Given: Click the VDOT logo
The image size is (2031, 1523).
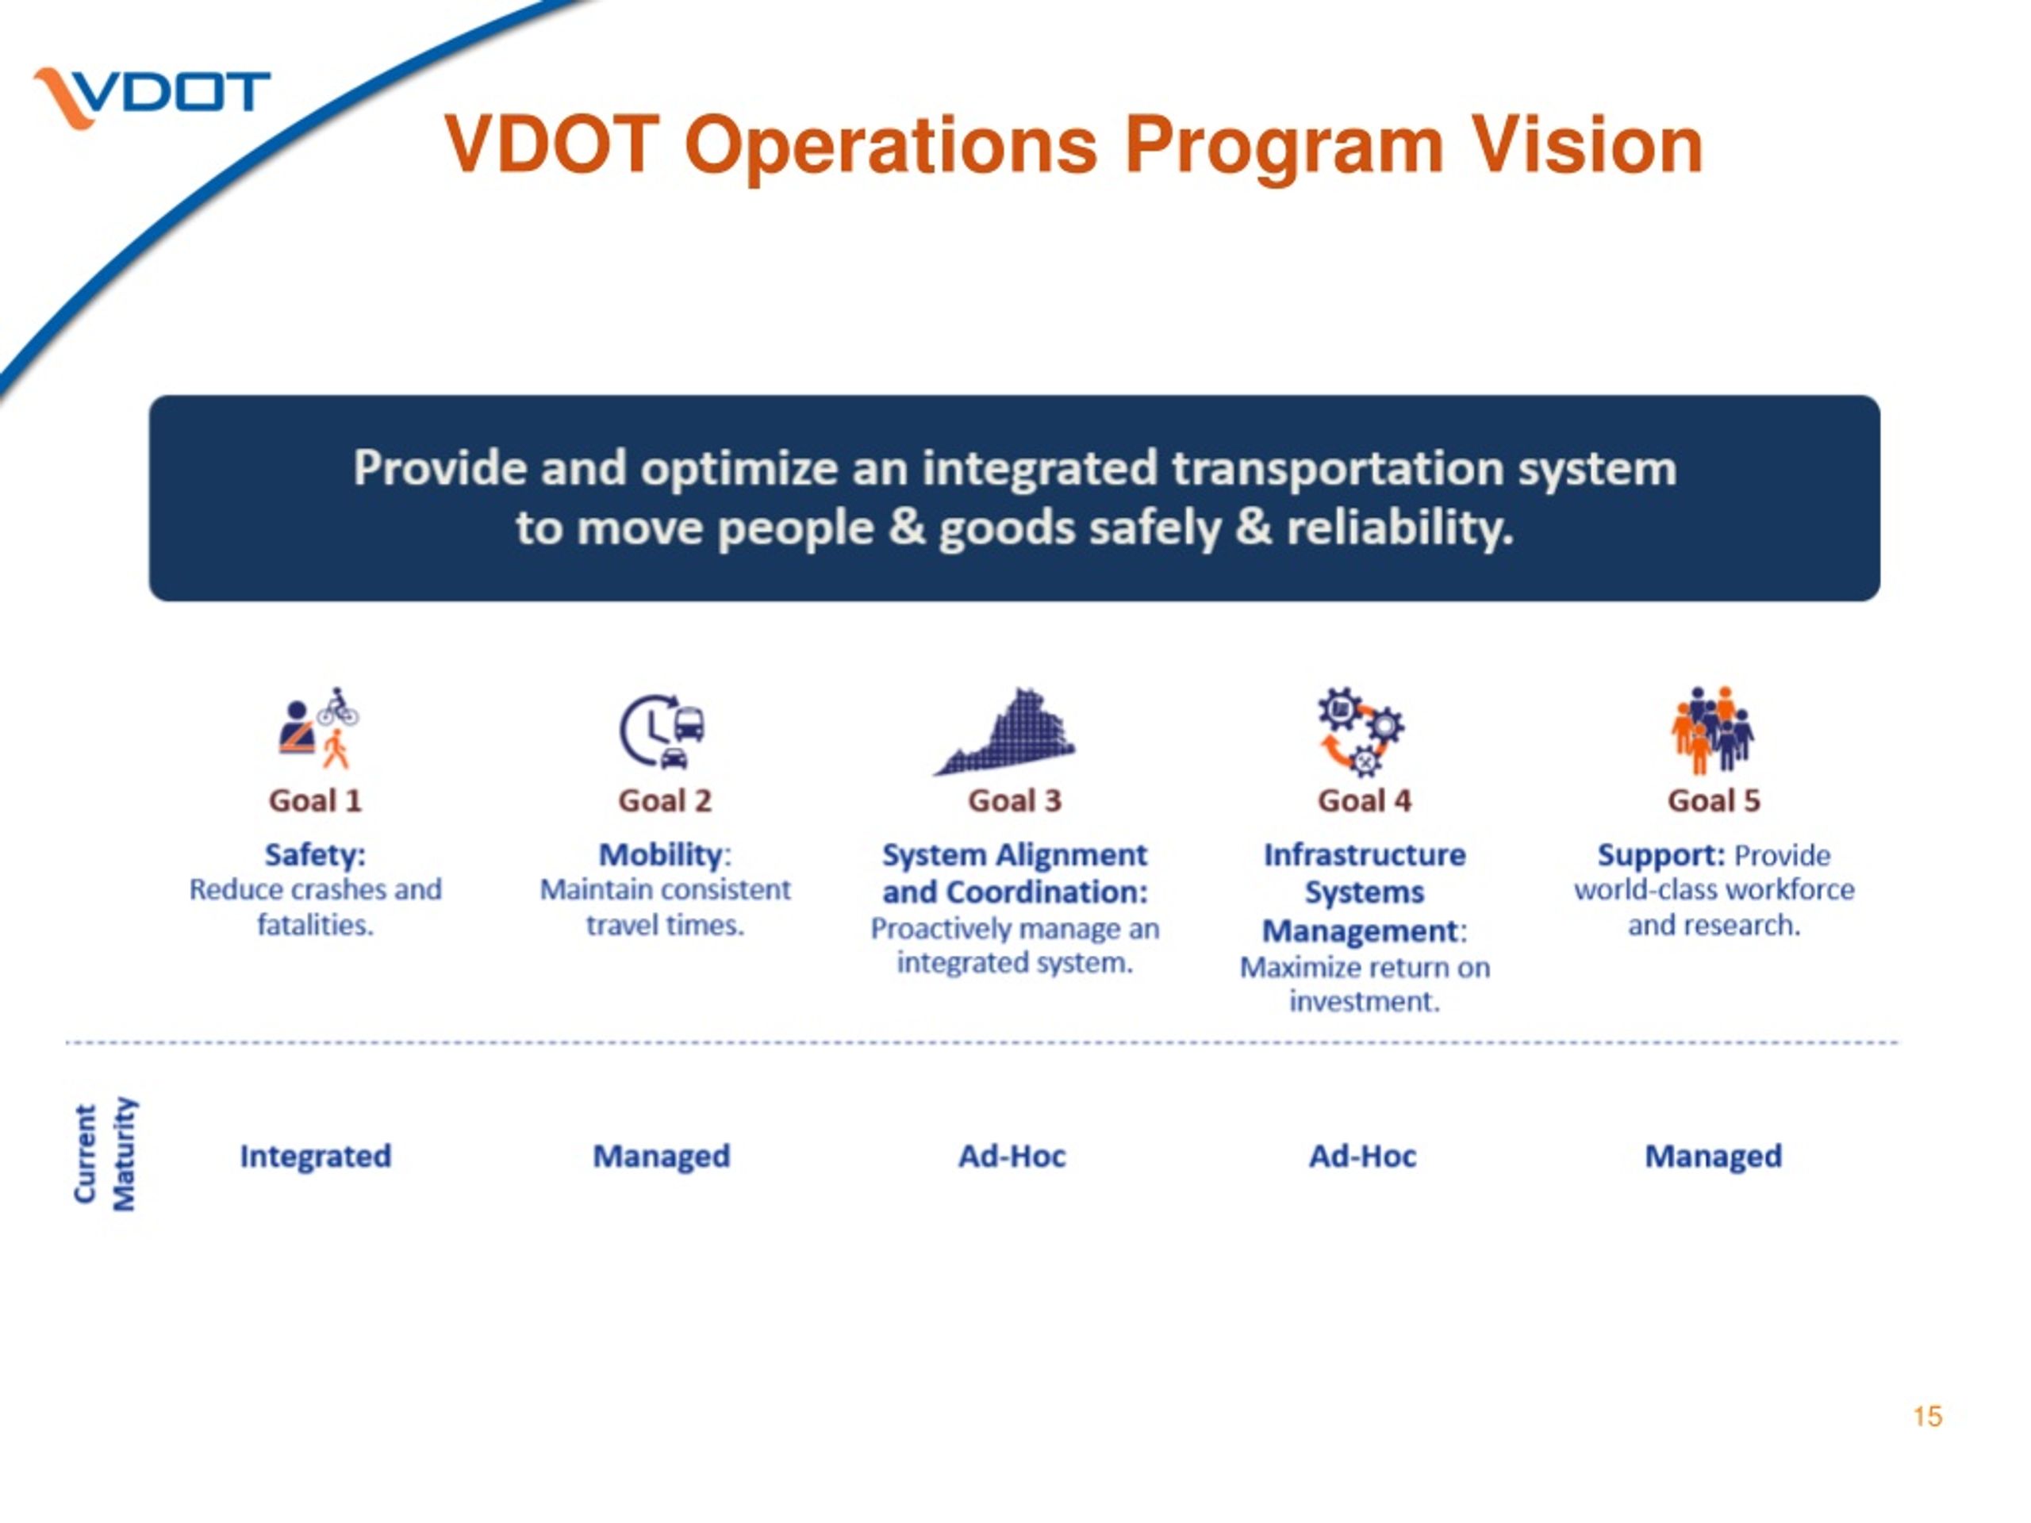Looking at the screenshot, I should point(152,95).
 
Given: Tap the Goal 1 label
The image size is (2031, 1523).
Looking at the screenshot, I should point(315,800).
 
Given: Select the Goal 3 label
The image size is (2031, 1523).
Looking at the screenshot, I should point(1015,800).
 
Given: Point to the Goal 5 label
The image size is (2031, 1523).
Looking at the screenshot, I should point(1714,800).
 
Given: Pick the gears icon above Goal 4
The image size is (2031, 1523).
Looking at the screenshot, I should point(1361,731).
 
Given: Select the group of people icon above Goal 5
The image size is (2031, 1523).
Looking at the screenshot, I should point(1712,730).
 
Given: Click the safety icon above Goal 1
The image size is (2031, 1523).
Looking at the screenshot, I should point(317,729).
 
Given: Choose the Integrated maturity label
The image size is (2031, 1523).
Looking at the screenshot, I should point(315,1156).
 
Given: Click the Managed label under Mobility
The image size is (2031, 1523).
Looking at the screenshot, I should point(661,1156).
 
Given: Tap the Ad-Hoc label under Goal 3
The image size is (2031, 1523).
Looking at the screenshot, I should point(1012,1156).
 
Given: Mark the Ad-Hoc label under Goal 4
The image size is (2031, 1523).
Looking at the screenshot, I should point(1362,1156).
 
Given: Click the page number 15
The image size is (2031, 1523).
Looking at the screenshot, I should point(1927,1417).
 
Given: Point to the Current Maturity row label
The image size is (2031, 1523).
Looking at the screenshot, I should point(105,1155).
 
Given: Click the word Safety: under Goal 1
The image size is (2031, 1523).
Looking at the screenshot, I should point(315,854).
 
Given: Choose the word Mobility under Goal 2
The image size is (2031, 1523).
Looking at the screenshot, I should point(660,854).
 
